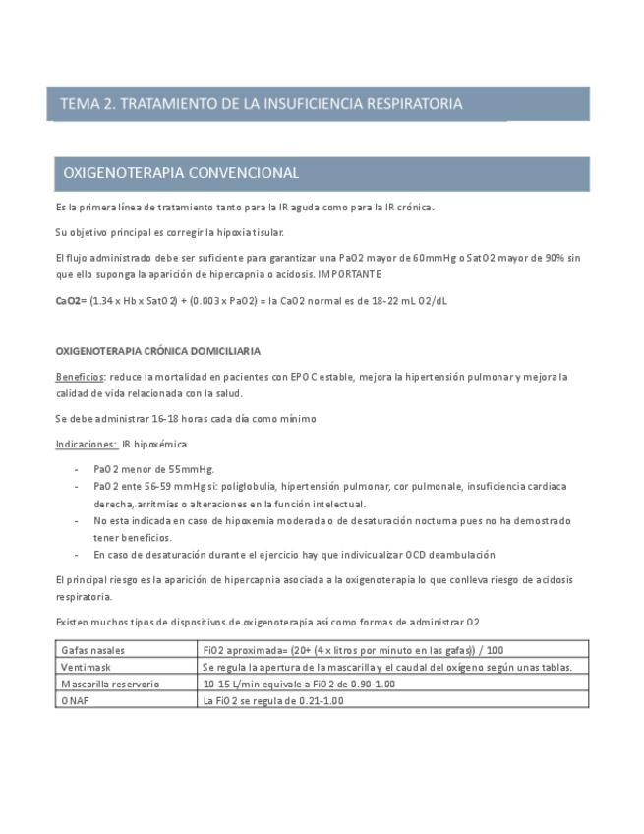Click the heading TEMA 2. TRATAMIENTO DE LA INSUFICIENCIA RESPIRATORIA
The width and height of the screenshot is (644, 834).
261,103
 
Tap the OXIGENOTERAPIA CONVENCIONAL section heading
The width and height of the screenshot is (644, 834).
181,173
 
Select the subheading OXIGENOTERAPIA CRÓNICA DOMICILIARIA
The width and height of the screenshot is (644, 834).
157,351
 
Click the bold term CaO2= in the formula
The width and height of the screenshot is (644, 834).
71,301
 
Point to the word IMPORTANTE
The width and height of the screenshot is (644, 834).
350,274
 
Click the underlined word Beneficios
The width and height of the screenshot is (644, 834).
80,377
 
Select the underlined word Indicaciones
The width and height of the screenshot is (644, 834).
85,445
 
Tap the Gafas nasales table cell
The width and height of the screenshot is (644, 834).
93,650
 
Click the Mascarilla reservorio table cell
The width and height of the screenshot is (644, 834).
110,684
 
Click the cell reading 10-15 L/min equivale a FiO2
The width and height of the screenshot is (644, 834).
299,684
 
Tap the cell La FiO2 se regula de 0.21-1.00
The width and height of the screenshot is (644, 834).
273,700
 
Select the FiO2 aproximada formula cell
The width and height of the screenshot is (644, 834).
353,650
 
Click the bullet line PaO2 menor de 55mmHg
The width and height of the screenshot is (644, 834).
153,469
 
